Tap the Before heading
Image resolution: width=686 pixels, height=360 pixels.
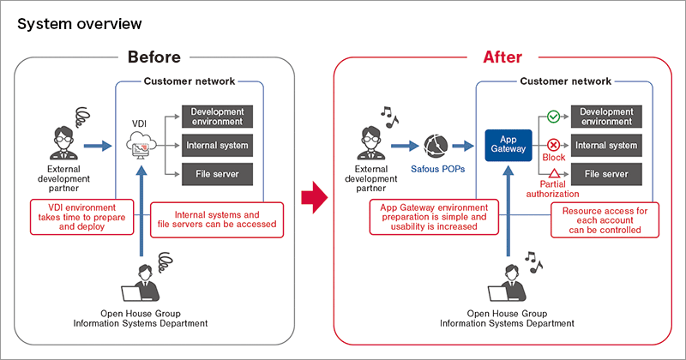[154, 57]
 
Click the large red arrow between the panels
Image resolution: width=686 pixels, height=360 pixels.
[315, 200]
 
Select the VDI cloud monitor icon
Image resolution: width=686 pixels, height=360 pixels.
[143, 148]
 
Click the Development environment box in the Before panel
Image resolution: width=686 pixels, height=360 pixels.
[217, 117]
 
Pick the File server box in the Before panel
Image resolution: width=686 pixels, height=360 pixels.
[217, 174]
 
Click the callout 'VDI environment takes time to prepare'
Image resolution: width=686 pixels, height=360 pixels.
[83, 218]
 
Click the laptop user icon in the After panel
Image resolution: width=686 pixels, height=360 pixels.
[506, 284]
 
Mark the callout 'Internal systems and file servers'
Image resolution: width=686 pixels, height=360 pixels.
[216, 220]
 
